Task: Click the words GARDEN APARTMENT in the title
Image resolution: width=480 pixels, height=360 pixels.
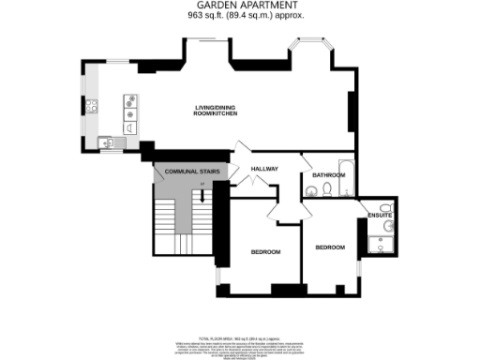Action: [x=240, y=6]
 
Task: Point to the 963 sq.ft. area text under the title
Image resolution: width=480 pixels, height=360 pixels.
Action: [x=240, y=16]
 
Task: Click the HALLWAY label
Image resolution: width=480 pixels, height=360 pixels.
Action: [x=266, y=169]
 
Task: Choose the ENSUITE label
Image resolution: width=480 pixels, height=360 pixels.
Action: [x=379, y=216]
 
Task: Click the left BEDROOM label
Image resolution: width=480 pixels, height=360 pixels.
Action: [x=265, y=251]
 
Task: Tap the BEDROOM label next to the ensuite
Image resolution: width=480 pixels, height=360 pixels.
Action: [x=329, y=247]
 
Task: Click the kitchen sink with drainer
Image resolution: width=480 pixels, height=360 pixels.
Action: [x=109, y=143]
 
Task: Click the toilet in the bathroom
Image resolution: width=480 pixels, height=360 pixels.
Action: [x=326, y=190]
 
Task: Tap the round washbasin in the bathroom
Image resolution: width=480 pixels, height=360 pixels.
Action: [x=310, y=191]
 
